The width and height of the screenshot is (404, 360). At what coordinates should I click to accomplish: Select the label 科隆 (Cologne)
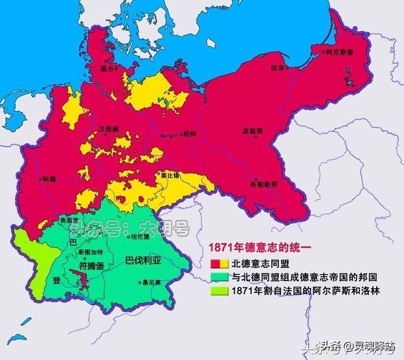click(x=48, y=179)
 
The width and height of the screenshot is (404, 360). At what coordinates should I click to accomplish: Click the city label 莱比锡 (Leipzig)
click(x=170, y=175)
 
